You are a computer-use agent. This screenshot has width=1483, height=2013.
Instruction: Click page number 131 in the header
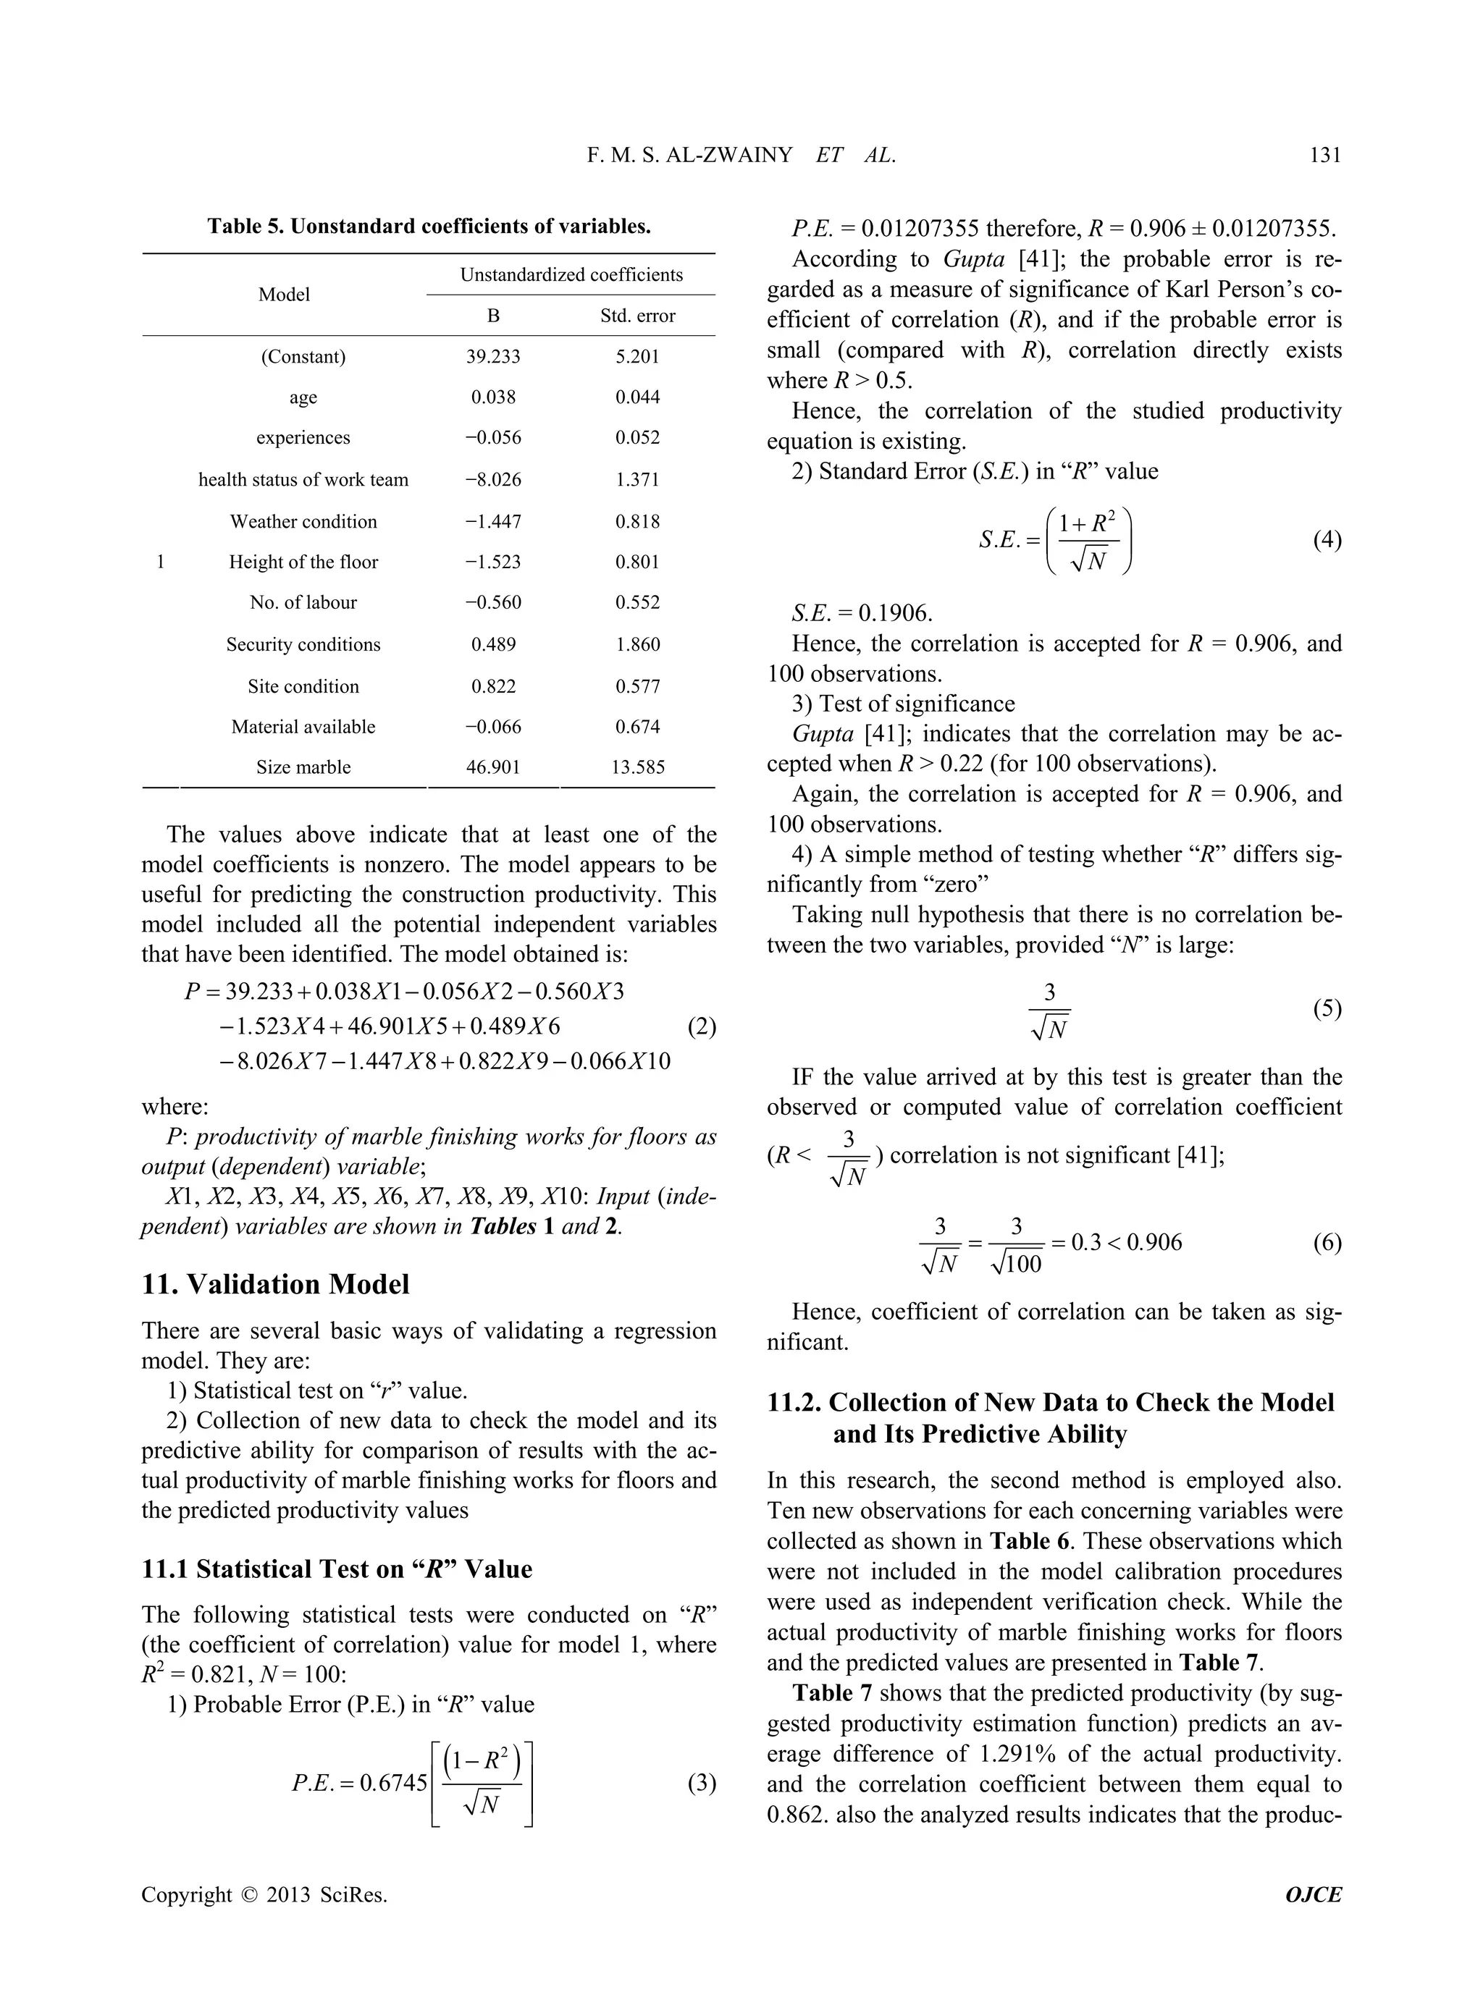pyautogui.click(x=1324, y=155)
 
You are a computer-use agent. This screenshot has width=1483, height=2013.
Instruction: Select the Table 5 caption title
pyautogui.click(x=429, y=226)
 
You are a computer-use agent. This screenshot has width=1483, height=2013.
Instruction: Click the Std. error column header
pyautogui.click(x=637, y=316)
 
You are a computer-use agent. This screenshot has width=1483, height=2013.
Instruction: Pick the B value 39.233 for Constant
pyautogui.click(x=493, y=357)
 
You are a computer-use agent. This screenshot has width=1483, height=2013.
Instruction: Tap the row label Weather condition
pyautogui.click(x=303, y=521)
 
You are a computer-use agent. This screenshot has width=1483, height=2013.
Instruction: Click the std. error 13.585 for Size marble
pyautogui.click(x=637, y=767)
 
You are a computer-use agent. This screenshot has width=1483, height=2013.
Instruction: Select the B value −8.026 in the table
pyautogui.click(x=493, y=480)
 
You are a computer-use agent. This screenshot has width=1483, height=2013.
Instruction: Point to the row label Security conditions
pyautogui.click(x=303, y=644)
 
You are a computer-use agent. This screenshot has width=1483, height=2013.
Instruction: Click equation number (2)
pyautogui.click(x=701, y=1026)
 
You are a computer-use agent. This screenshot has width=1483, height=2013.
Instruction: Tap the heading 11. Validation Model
pyautogui.click(x=276, y=1284)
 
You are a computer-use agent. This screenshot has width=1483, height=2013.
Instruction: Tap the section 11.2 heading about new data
pyautogui.click(x=1050, y=1418)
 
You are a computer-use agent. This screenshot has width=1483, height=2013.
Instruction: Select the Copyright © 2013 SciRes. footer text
pyautogui.click(x=265, y=1894)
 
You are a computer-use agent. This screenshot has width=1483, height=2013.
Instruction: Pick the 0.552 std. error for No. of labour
pyautogui.click(x=637, y=603)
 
